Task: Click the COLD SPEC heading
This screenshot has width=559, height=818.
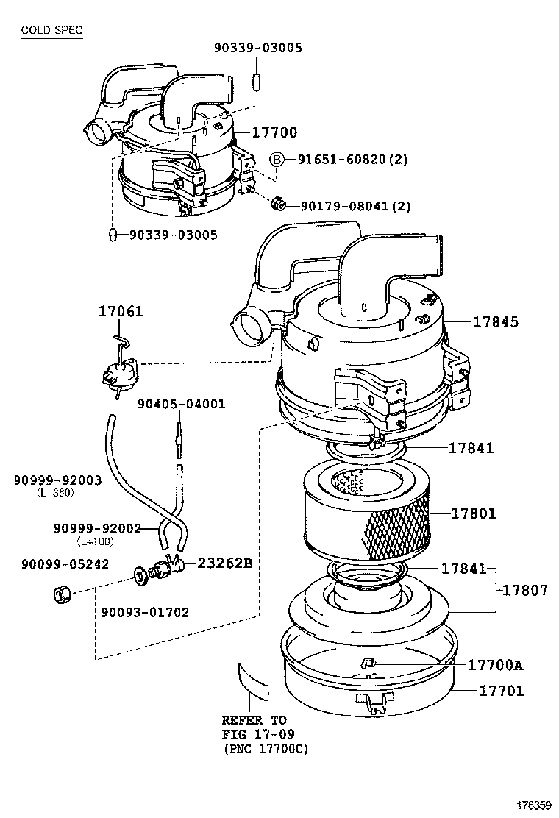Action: (x=51, y=30)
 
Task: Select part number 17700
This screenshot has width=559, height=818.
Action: (x=274, y=132)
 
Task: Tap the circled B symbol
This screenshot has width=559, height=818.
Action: (x=277, y=160)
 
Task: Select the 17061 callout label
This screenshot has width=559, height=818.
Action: (x=121, y=312)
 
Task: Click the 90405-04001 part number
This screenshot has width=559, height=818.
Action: (x=182, y=404)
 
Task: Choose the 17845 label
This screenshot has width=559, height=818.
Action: (x=495, y=321)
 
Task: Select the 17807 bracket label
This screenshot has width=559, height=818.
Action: (x=525, y=590)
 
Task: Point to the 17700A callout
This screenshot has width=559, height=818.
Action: (x=495, y=665)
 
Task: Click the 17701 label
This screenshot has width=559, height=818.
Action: (x=502, y=691)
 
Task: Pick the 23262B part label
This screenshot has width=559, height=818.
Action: (x=224, y=563)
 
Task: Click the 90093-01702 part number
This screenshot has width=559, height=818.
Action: (x=145, y=611)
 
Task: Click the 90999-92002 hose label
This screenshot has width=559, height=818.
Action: (x=97, y=528)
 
